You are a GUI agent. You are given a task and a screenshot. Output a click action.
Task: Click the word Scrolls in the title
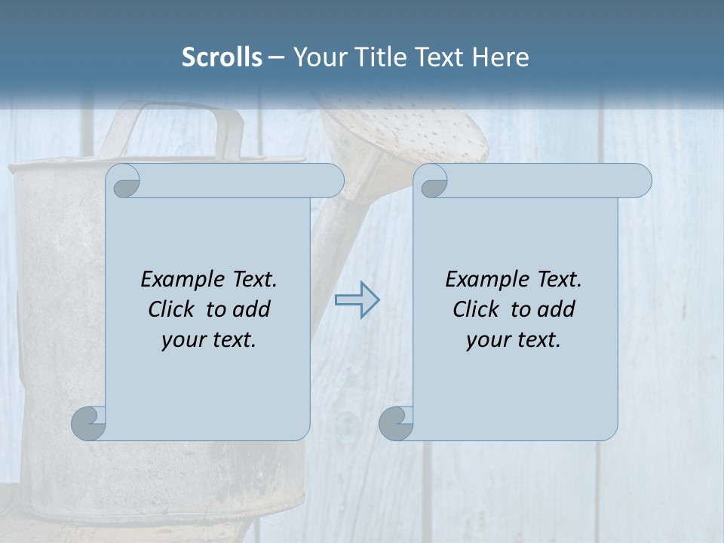[x=222, y=57]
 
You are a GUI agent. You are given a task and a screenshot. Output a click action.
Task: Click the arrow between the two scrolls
[x=357, y=300]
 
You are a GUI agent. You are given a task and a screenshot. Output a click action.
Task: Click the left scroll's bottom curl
[x=89, y=423]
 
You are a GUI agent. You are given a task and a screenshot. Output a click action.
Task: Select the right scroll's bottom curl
[x=396, y=423]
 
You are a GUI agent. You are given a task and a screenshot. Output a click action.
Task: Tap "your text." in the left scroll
[x=209, y=340]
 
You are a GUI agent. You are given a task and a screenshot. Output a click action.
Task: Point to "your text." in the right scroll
[x=514, y=340]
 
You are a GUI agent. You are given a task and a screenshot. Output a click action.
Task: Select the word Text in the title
[x=441, y=57]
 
